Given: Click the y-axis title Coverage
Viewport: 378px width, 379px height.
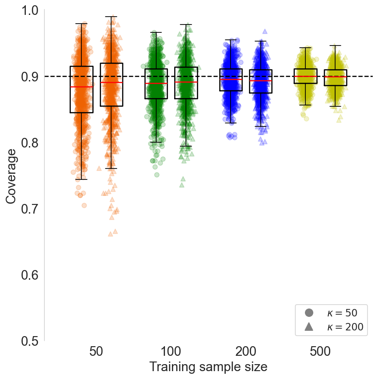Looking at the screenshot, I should pyautogui.click(x=12, y=176).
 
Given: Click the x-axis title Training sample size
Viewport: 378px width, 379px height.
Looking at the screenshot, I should pyautogui.click(x=208, y=367).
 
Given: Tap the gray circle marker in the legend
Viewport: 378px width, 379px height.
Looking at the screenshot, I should pyautogui.click(x=309, y=312).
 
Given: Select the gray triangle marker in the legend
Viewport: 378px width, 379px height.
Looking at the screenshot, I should pyautogui.click(x=309, y=326).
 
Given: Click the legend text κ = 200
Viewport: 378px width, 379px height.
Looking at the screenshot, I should pyautogui.click(x=345, y=327).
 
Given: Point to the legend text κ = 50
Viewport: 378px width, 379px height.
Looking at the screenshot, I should pyautogui.click(x=342, y=312).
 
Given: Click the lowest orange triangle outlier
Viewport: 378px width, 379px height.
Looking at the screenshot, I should pyautogui.click(x=111, y=234).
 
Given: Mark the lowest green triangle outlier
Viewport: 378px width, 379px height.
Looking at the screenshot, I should pyautogui.click(x=182, y=185).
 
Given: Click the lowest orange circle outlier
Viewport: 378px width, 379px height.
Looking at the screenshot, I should pyautogui.click(x=84, y=205).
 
